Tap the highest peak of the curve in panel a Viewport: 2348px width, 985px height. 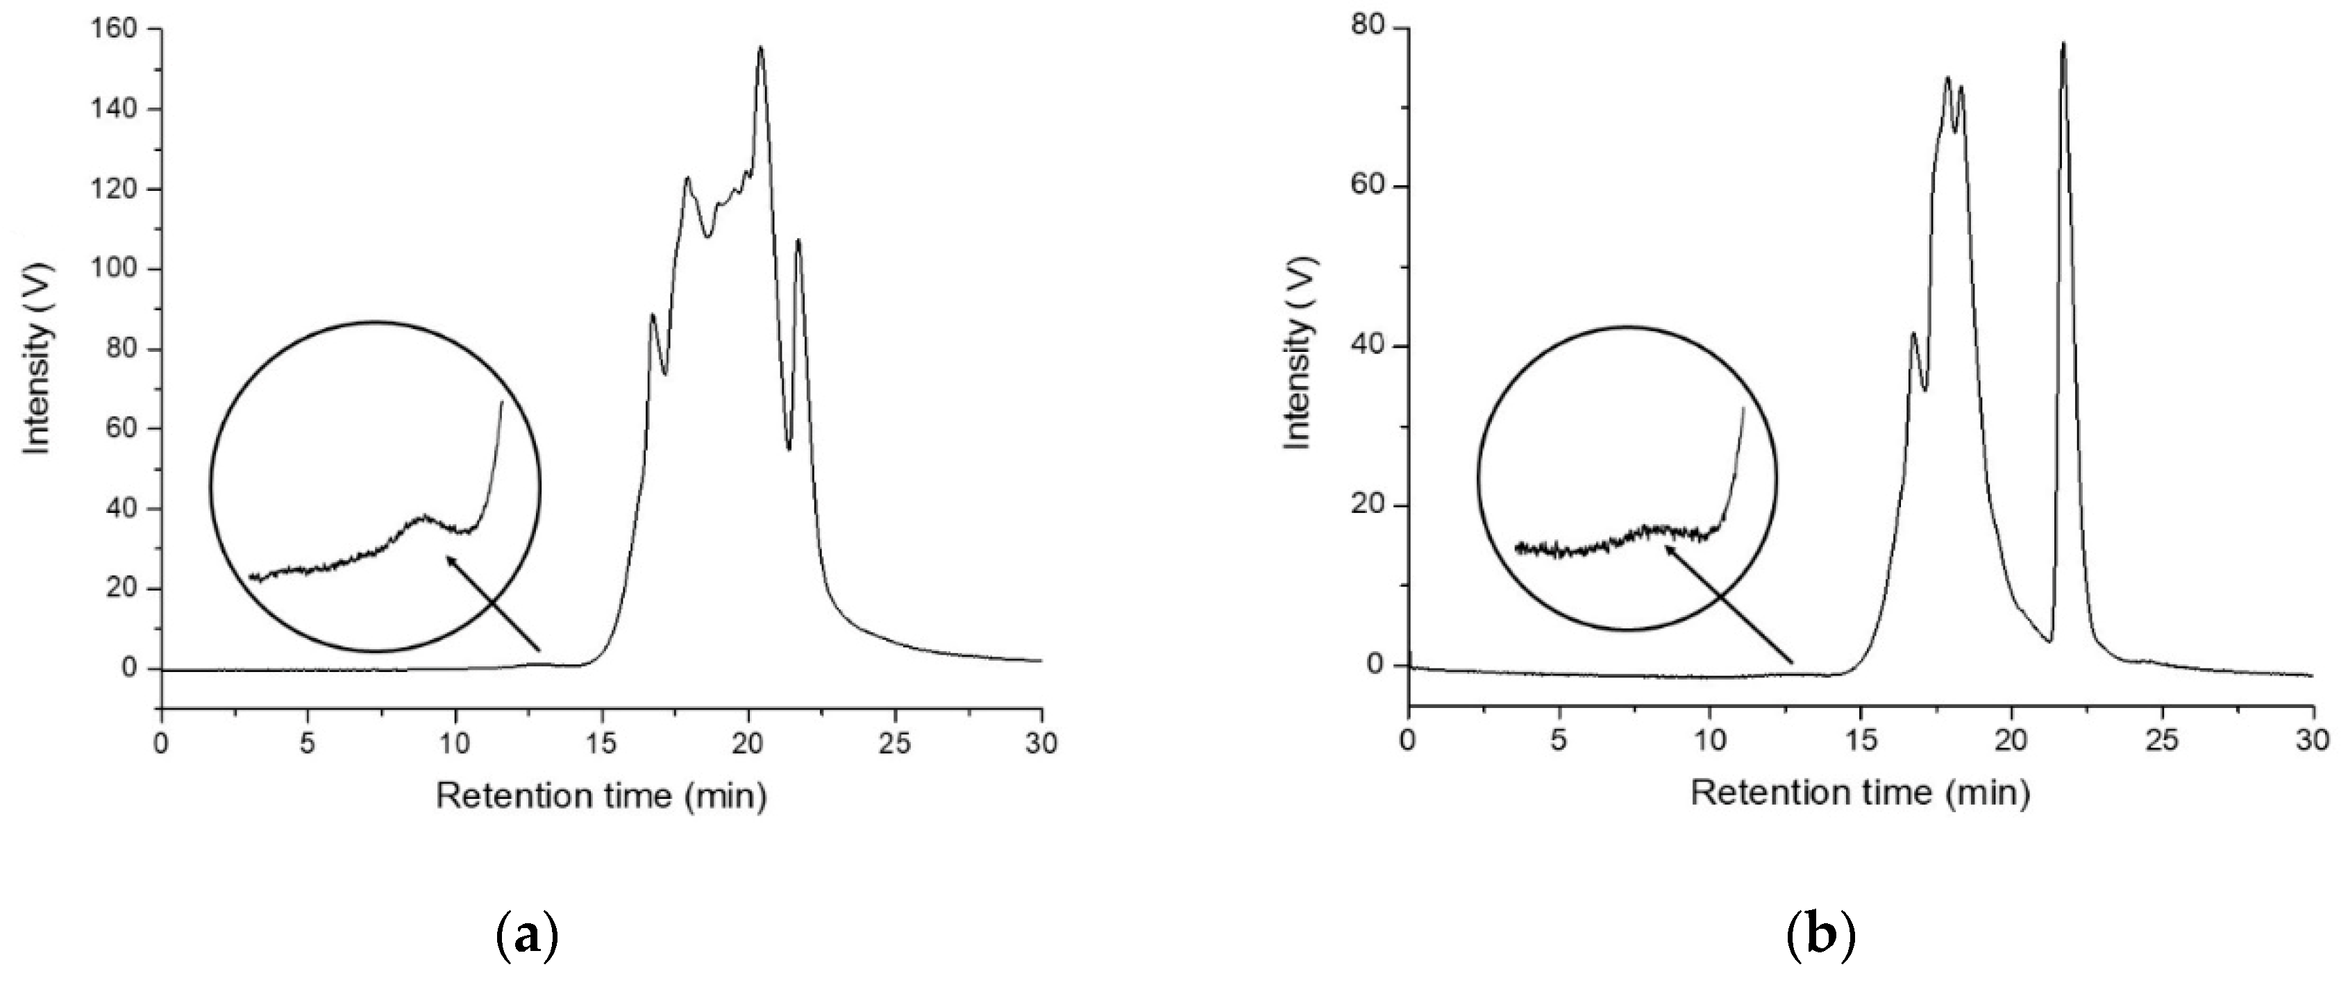pos(761,49)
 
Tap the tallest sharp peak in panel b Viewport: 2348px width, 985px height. pos(2158,44)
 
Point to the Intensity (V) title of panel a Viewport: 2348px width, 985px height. pos(37,357)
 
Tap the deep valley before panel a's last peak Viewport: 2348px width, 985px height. pos(789,448)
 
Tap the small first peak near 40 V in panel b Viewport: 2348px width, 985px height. pos(1913,335)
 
